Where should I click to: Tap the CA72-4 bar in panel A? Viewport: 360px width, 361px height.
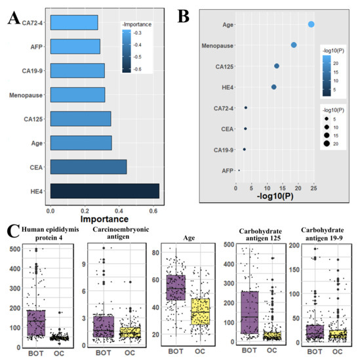click(x=73, y=23)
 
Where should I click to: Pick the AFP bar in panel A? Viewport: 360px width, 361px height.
click(x=75, y=47)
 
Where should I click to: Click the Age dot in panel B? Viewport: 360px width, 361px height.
click(x=311, y=24)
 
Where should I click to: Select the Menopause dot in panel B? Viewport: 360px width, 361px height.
click(x=294, y=45)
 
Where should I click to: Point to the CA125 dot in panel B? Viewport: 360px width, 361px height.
click(x=277, y=66)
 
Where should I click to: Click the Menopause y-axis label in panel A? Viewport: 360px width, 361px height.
click(x=26, y=95)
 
